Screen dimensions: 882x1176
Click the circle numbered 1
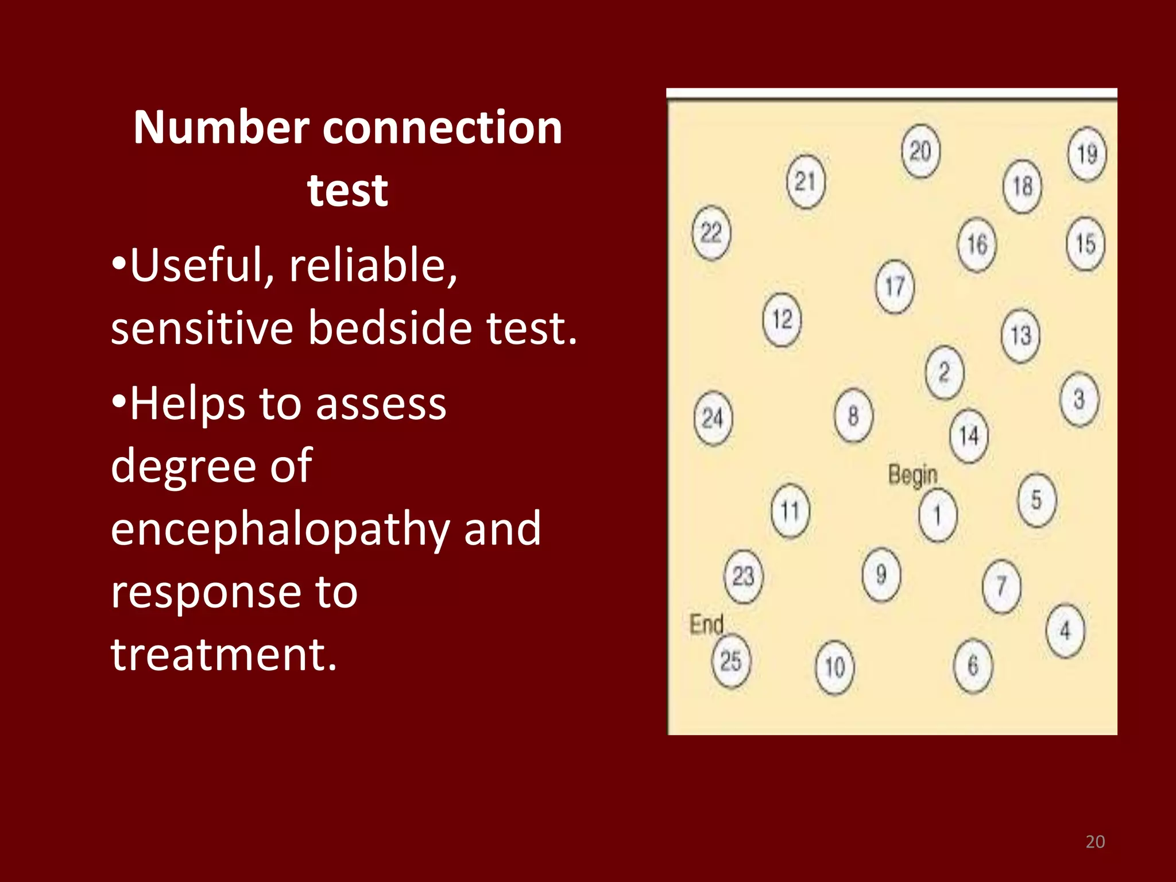click(x=938, y=515)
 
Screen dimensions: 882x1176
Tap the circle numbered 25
click(x=731, y=661)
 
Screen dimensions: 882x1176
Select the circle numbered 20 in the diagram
click(x=920, y=151)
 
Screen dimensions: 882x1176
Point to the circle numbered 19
click(x=1087, y=153)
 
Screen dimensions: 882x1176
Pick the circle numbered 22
click(x=711, y=233)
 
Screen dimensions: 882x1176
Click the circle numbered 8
click(x=853, y=416)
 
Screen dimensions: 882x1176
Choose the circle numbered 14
click(x=969, y=436)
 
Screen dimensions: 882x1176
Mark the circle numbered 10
click(x=835, y=667)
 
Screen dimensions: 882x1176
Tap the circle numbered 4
click(x=1065, y=630)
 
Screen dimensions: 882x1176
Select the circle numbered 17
click(x=895, y=286)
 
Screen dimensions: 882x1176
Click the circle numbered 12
click(x=782, y=319)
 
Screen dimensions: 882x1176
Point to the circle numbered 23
click(x=744, y=576)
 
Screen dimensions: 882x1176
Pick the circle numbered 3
click(x=1079, y=399)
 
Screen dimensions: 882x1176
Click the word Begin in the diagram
click(x=912, y=475)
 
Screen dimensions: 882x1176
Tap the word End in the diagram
click(x=706, y=624)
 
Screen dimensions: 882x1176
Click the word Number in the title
click(x=221, y=127)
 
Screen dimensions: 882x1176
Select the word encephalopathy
click(x=280, y=529)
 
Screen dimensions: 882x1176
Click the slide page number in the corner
click(x=1095, y=841)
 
